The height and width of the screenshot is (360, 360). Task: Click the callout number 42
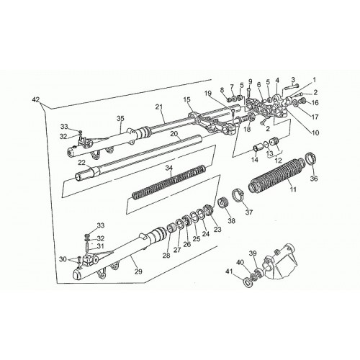coord(36,99)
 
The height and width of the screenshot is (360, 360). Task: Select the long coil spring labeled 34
coord(169,183)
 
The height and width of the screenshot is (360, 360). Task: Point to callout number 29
coord(138,271)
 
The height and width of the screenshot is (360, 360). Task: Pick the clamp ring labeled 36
coord(312,158)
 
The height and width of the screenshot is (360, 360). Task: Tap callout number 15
coord(187,99)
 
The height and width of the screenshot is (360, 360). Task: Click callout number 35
coord(121,118)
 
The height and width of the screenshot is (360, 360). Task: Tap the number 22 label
coord(82,163)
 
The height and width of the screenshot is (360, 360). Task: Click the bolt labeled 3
coord(291,87)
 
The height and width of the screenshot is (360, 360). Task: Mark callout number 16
coord(315,103)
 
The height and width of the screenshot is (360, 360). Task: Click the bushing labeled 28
coord(171,228)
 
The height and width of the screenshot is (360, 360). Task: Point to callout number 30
coord(63,259)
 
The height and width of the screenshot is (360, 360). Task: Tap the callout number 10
coord(315,132)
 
